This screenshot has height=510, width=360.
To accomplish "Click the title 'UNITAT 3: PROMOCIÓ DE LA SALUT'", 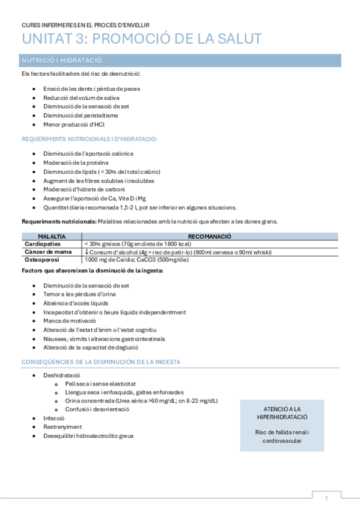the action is tap(141, 39).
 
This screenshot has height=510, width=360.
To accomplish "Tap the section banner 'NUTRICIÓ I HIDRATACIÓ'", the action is tap(62, 61).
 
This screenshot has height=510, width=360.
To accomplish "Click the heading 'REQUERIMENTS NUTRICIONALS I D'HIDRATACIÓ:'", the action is tap(90, 140).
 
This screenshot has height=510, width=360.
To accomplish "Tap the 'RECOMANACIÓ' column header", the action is tap(210, 236).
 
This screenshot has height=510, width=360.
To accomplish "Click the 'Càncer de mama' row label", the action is tap(48, 251).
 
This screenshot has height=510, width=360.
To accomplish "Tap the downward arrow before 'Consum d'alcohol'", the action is tap(87, 251).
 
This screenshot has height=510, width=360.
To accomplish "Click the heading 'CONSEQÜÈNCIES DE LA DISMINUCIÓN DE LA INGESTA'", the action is tap(101, 362).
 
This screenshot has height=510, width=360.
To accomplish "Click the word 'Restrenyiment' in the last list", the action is tap(63, 426).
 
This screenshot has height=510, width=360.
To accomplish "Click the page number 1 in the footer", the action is tap(326, 499).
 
